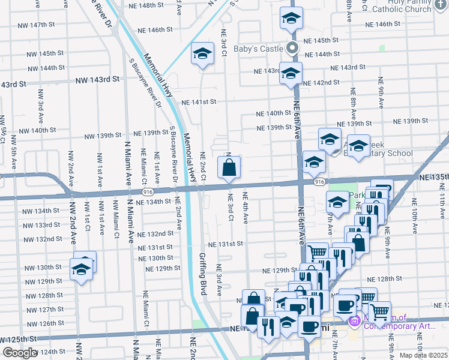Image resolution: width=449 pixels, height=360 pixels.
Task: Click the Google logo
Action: coord(20,353)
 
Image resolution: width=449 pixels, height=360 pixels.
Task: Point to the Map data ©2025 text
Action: coord(424,355)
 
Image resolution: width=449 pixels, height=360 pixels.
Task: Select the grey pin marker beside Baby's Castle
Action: coord(293,49)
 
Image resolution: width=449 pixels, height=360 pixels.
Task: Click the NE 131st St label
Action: coord(225,244)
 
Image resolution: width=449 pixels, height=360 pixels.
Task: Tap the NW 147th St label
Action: coord(37,25)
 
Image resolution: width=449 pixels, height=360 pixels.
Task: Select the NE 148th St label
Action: coord(146,5)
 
